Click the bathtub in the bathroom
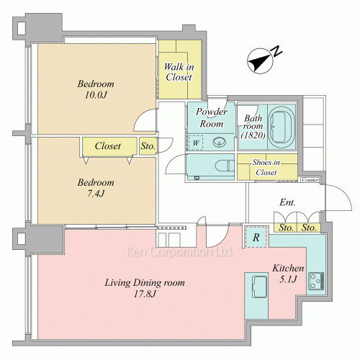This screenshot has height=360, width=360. pos(282,127)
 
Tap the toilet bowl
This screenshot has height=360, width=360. pos(225,166)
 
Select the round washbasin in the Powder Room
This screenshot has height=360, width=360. pos(220,142)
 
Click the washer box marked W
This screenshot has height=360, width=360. pos(196,143)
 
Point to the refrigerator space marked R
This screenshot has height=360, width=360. pos(256,237)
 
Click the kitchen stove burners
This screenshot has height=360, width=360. pos(316,281)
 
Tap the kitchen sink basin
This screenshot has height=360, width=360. pos(259,287)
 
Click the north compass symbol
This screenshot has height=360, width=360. pos(260,60)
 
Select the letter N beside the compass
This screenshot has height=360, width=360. pos(277,51)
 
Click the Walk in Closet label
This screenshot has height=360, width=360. pos(179,72)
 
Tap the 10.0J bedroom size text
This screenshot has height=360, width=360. pos(96,95)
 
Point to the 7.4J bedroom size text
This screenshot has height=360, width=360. pos(96,194)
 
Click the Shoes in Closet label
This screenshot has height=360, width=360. pos(266,167)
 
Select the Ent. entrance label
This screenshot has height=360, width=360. pos(287,202)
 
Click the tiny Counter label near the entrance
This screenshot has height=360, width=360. pos(310,180)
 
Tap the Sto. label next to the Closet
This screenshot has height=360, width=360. pos(148,146)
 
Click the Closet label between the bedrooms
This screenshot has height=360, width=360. pos(108,145)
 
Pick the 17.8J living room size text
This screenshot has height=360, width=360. pos(145,294)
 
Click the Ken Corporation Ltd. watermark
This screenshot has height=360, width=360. pos(179,252)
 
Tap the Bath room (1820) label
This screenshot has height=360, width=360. pos(253,127)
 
